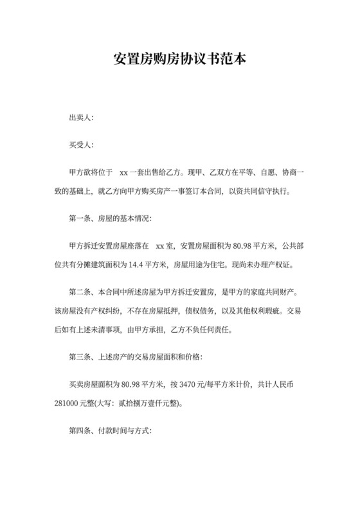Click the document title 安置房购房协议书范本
179,59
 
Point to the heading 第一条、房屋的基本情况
110,219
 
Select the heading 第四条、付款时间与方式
110,432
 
